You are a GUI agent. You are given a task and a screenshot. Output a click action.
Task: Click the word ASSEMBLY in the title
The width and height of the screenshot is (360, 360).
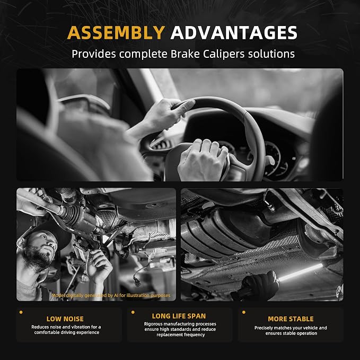tap(116, 32)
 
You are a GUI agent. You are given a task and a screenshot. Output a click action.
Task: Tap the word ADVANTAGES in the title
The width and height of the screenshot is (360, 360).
tap(234, 32)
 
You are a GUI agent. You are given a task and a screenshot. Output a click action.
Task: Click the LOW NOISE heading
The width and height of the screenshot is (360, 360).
tap(65, 319)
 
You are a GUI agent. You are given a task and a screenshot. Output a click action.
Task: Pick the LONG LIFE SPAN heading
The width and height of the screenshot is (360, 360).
tap(179, 316)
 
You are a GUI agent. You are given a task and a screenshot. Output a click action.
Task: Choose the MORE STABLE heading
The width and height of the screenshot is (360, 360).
tap(291, 319)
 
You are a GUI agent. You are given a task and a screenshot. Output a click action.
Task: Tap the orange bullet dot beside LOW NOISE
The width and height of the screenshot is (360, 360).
tap(21, 312)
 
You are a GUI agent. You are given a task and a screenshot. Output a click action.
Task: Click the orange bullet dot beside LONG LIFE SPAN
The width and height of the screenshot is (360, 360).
tap(133, 312)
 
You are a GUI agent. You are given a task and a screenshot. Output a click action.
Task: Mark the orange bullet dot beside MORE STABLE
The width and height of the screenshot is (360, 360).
tap(243, 312)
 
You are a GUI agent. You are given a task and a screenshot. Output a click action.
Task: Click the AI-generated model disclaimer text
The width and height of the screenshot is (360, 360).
tap(111, 295)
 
